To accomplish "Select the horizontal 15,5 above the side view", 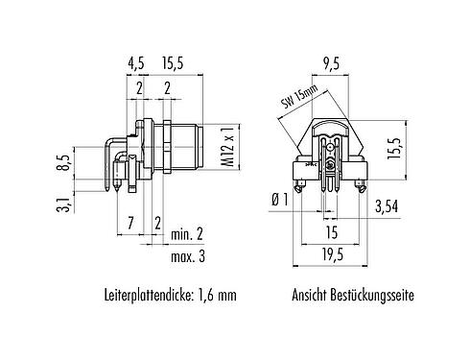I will pos(175,65).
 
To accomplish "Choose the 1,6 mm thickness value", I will pos(218,297).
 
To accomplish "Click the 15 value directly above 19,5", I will pos(331,231).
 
